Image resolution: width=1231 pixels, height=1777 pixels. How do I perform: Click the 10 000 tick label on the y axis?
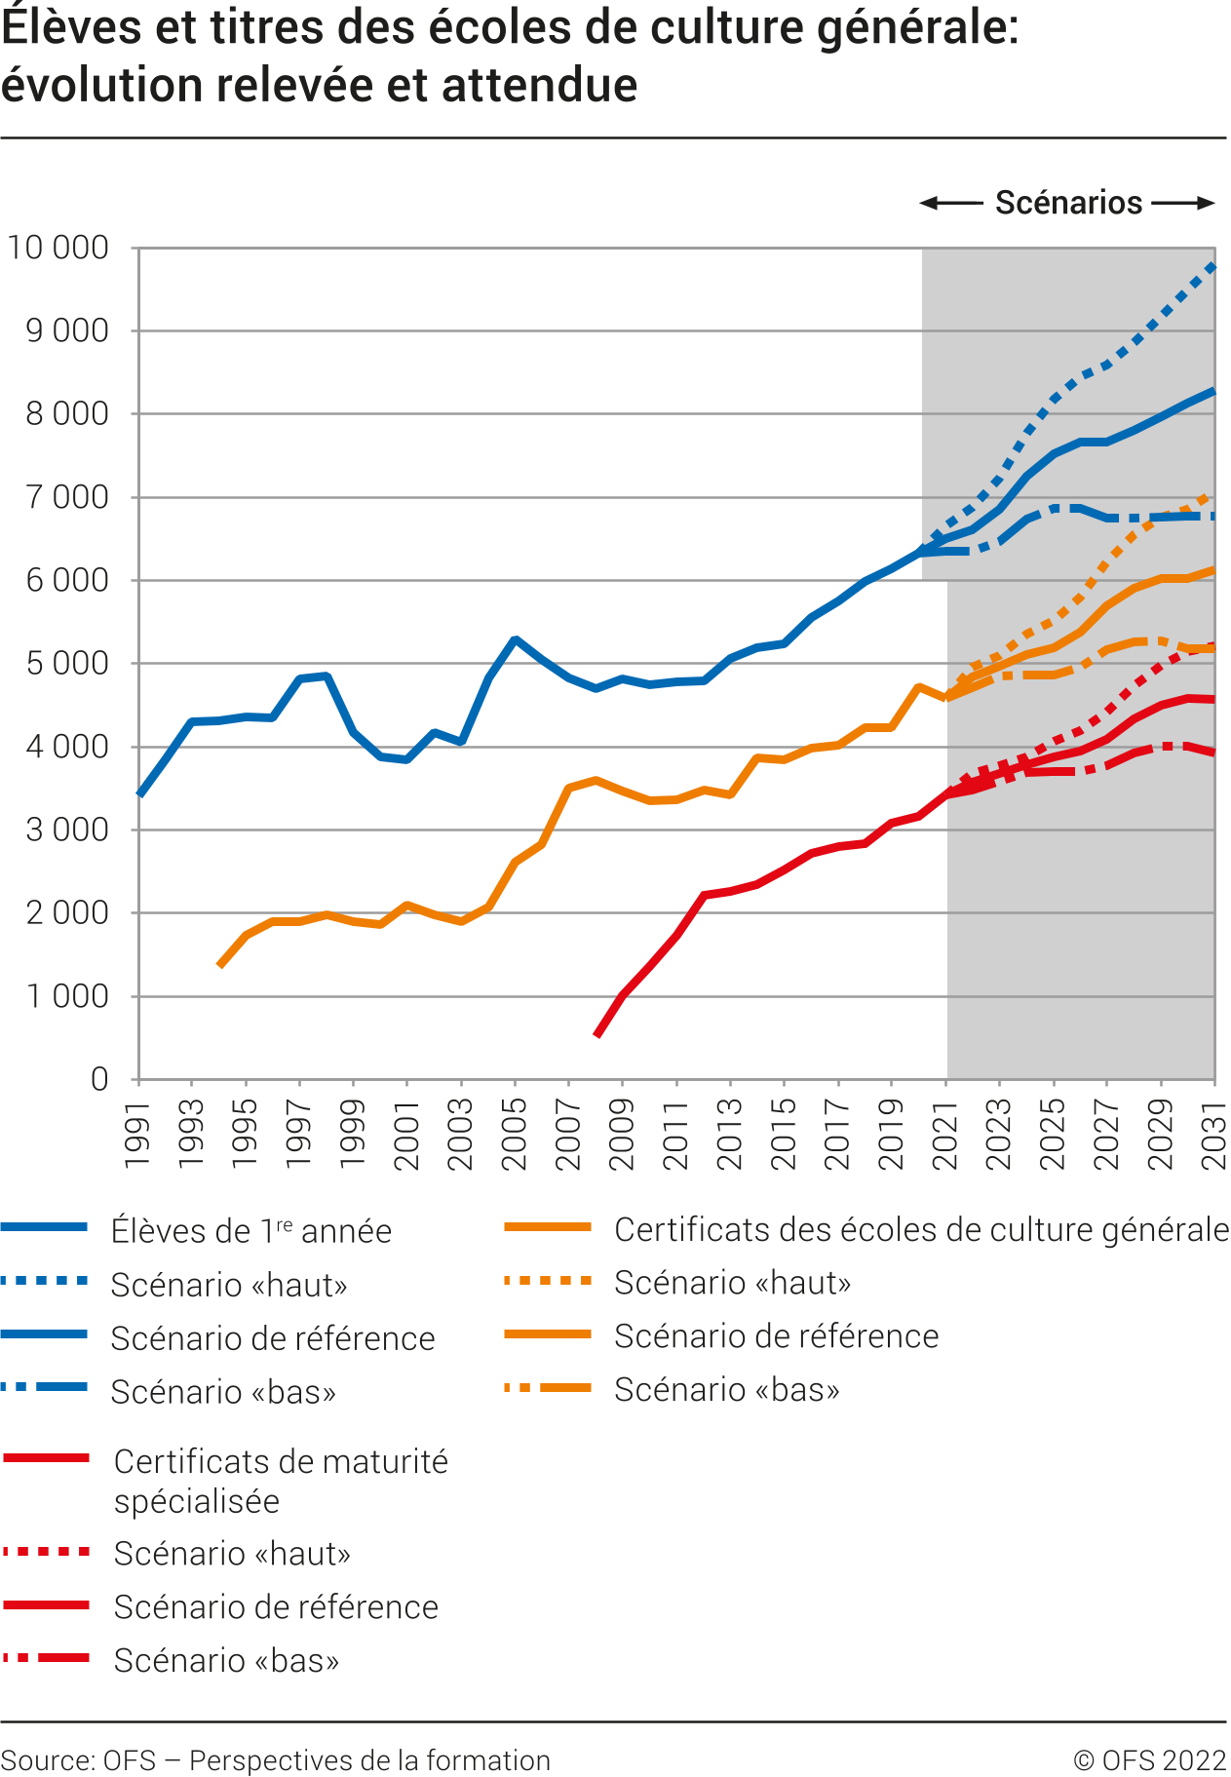pyautogui.click(x=58, y=248)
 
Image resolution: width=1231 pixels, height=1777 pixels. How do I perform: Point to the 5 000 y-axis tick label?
pyautogui.click(x=67, y=664)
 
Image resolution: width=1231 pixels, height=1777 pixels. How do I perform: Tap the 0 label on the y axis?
pyautogui.click(x=99, y=1079)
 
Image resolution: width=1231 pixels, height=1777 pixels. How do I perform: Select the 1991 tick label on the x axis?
pyautogui.click(x=138, y=1134)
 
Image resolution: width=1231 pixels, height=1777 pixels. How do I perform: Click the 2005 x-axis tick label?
pyautogui.click(x=515, y=1134)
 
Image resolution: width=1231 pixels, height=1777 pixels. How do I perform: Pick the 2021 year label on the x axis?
pyautogui.click(x=945, y=1134)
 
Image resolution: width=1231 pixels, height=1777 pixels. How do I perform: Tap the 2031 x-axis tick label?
pyautogui.click(x=1214, y=1134)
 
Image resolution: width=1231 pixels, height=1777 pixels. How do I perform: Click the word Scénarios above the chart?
pyautogui.click(x=1068, y=203)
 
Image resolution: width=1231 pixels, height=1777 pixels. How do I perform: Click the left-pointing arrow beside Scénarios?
pyautogui.click(x=951, y=203)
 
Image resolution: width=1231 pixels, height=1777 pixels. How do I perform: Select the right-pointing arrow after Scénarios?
pyautogui.click(x=1183, y=203)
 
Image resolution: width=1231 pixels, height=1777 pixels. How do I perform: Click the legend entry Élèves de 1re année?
pyautogui.click(x=250, y=1231)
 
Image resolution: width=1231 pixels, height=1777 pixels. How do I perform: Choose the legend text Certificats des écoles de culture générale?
pyautogui.click(x=921, y=1230)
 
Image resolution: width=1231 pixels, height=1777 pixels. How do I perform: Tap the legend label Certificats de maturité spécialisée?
pyautogui.click(x=281, y=1481)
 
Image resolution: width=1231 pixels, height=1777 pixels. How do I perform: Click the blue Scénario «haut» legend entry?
pyautogui.click(x=229, y=1285)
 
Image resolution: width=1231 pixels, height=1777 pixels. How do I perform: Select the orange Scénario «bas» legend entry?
pyautogui.click(x=726, y=1389)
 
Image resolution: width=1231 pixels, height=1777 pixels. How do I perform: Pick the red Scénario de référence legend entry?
pyautogui.click(x=276, y=1606)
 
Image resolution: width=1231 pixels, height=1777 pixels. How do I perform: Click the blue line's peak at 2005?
pyautogui.click(x=516, y=639)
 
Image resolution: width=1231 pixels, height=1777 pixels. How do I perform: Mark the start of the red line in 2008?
pyautogui.click(x=596, y=1035)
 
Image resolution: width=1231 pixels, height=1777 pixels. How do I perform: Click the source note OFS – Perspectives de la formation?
pyautogui.click(x=276, y=1760)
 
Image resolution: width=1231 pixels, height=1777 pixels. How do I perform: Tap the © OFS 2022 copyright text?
pyautogui.click(x=1149, y=1760)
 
